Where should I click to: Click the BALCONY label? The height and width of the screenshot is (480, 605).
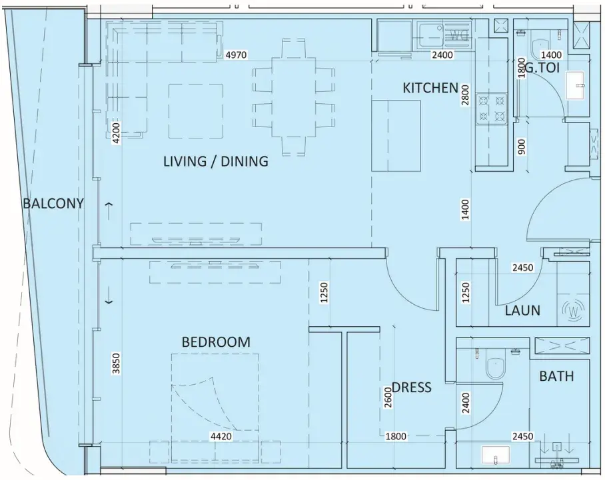click(x=53, y=203)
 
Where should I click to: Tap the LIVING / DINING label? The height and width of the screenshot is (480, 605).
click(x=216, y=161)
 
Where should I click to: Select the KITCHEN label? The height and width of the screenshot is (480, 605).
click(x=430, y=88)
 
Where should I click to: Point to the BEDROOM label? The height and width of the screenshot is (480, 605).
click(x=216, y=342)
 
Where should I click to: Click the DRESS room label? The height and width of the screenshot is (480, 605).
click(x=412, y=387)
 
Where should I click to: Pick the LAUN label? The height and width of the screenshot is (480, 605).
click(x=522, y=310)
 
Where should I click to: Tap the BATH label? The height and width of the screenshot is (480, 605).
click(x=556, y=376)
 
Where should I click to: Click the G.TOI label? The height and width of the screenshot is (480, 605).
click(x=542, y=68)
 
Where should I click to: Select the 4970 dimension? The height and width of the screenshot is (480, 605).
click(x=236, y=55)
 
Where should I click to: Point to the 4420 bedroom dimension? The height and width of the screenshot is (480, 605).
click(x=221, y=436)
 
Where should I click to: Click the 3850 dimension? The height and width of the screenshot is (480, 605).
click(x=116, y=363)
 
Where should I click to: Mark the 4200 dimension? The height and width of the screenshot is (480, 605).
click(x=116, y=133)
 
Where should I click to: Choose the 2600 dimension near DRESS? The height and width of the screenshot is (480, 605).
click(x=388, y=397)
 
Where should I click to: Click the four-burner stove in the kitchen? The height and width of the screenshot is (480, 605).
click(x=491, y=109)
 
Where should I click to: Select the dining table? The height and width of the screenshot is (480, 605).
click(x=294, y=97)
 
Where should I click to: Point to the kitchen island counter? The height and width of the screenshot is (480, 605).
click(x=396, y=136)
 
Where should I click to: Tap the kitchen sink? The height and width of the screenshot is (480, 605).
click(x=430, y=31)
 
